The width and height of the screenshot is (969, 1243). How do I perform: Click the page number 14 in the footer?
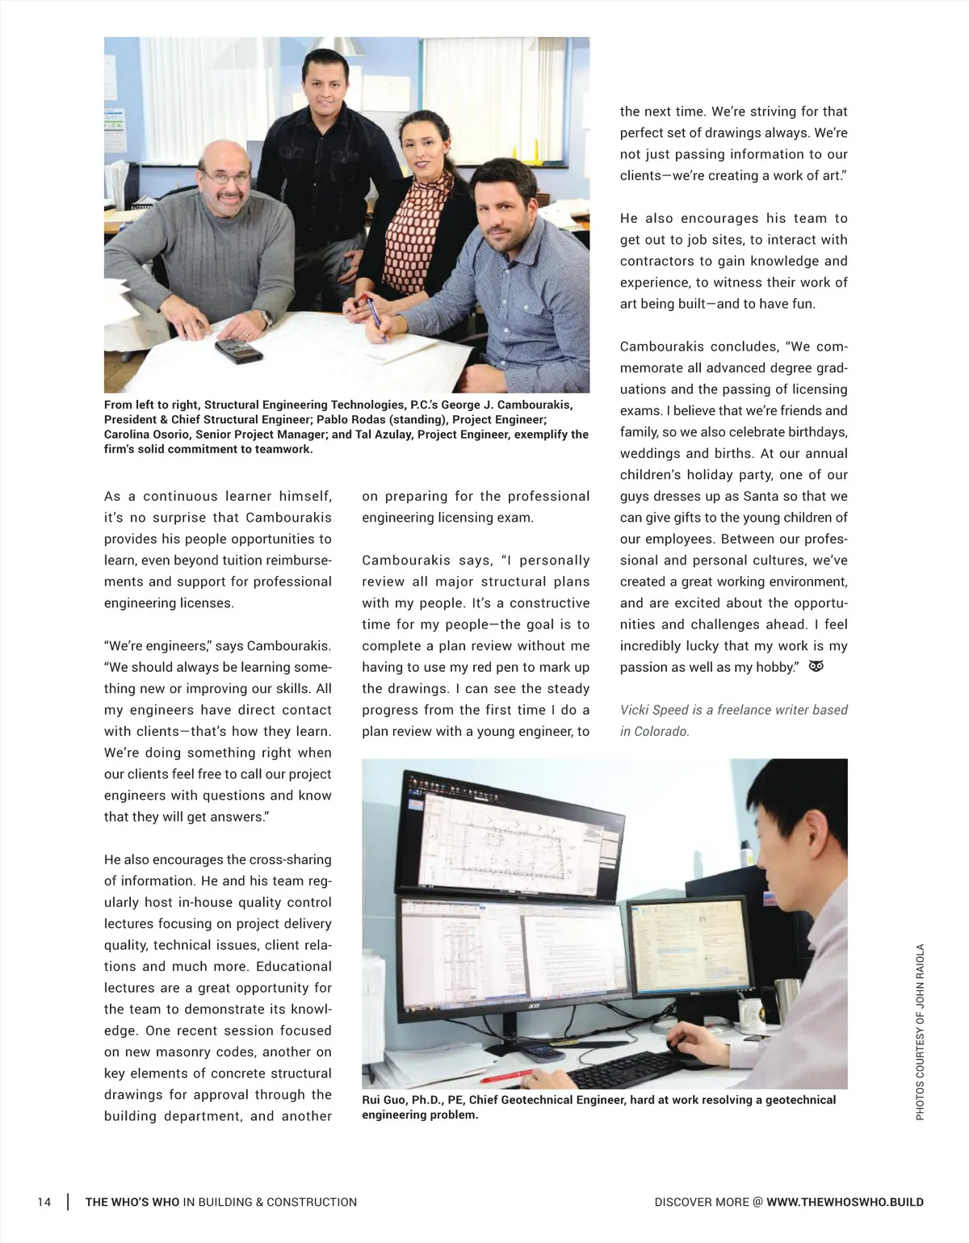click(44, 1202)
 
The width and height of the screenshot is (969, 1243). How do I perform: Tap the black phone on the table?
click(238, 351)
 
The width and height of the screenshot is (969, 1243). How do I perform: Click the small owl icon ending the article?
click(816, 666)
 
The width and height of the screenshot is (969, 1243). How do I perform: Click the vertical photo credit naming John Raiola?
click(920, 1032)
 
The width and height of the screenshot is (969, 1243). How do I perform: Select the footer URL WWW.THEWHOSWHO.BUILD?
click(845, 1202)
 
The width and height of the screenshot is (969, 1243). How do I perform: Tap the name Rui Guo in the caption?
click(384, 1100)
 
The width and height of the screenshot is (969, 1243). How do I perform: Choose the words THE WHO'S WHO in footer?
click(132, 1202)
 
